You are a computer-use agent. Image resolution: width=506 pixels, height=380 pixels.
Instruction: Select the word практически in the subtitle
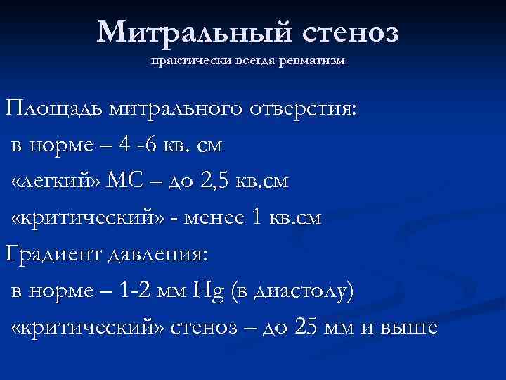click(x=180, y=61)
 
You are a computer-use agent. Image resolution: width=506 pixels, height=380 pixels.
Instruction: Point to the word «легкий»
click(x=56, y=182)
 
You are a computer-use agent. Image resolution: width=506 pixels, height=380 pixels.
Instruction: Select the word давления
click(x=155, y=255)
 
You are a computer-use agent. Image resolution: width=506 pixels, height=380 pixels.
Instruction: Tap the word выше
click(x=408, y=328)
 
